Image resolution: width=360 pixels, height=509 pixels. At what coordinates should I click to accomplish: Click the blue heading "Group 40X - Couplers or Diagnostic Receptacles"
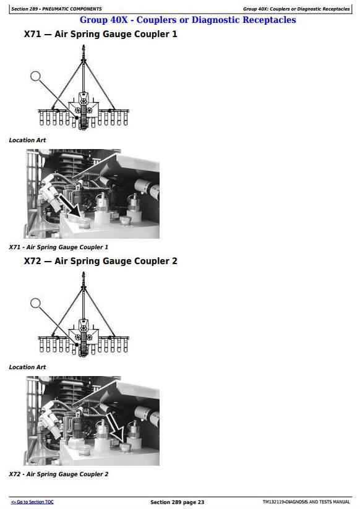(x=187, y=20)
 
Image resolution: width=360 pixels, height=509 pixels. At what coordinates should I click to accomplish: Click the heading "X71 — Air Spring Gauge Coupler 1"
(x=101, y=34)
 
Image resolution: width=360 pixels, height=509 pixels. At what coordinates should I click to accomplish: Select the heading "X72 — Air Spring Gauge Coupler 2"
(x=101, y=261)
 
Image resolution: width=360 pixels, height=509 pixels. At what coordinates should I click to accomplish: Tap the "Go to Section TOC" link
(x=32, y=502)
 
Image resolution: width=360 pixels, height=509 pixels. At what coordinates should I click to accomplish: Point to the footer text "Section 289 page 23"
(x=178, y=502)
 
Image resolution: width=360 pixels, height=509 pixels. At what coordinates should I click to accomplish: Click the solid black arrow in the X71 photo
(x=70, y=206)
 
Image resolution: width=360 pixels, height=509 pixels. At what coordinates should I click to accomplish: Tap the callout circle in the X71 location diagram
(x=35, y=76)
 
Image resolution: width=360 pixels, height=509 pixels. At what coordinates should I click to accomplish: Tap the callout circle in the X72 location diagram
(x=35, y=303)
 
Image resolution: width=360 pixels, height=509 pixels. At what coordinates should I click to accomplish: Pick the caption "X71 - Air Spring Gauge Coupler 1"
(x=59, y=247)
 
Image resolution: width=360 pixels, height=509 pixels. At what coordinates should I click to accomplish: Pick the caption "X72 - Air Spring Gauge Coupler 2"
(x=59, y=474)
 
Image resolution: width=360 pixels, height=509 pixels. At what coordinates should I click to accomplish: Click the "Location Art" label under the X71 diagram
(x=27, y=140)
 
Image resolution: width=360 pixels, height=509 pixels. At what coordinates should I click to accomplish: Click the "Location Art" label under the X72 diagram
(x=27, y=367)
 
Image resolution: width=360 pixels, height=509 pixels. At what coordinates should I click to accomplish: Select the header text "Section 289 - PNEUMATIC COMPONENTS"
(x=56, y=9)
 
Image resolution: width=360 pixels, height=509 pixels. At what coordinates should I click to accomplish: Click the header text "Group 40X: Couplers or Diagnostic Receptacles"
(x=296, y=9)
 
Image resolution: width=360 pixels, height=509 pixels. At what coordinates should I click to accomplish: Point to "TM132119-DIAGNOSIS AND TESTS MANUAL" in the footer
(x=306, y=502)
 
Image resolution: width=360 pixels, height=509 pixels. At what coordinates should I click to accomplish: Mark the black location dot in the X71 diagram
(x=77, y=118)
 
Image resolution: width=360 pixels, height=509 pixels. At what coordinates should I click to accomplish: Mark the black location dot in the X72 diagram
(x=77, y=344)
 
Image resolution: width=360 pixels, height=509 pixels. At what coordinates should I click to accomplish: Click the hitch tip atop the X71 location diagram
(x=84, y=46)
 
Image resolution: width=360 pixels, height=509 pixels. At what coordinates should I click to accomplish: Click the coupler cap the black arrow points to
(x=85, y=223)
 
